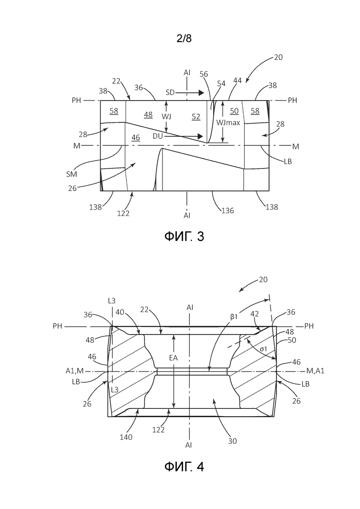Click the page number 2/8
click(x=184, y=39)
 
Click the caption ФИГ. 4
click(x=184, y=467)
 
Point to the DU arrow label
click(x=158, y=136)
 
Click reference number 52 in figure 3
click(x=196, y=117)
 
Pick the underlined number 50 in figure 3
click(x=234, y=111)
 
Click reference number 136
click(x=228, y=211)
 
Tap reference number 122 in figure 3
click(x=123, y=213)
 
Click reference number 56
click(x=204, y=74)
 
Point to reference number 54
click(x=221, y=84)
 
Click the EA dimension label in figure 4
click(x=174, y=359)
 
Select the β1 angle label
click(x=234, y=317)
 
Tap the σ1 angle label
click(x=263, y=349)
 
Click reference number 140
click(x=126, y=437)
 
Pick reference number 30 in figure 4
click(x=233, y=441)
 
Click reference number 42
click(x=254, y=314)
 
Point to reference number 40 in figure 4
click(x=120, y=312)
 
